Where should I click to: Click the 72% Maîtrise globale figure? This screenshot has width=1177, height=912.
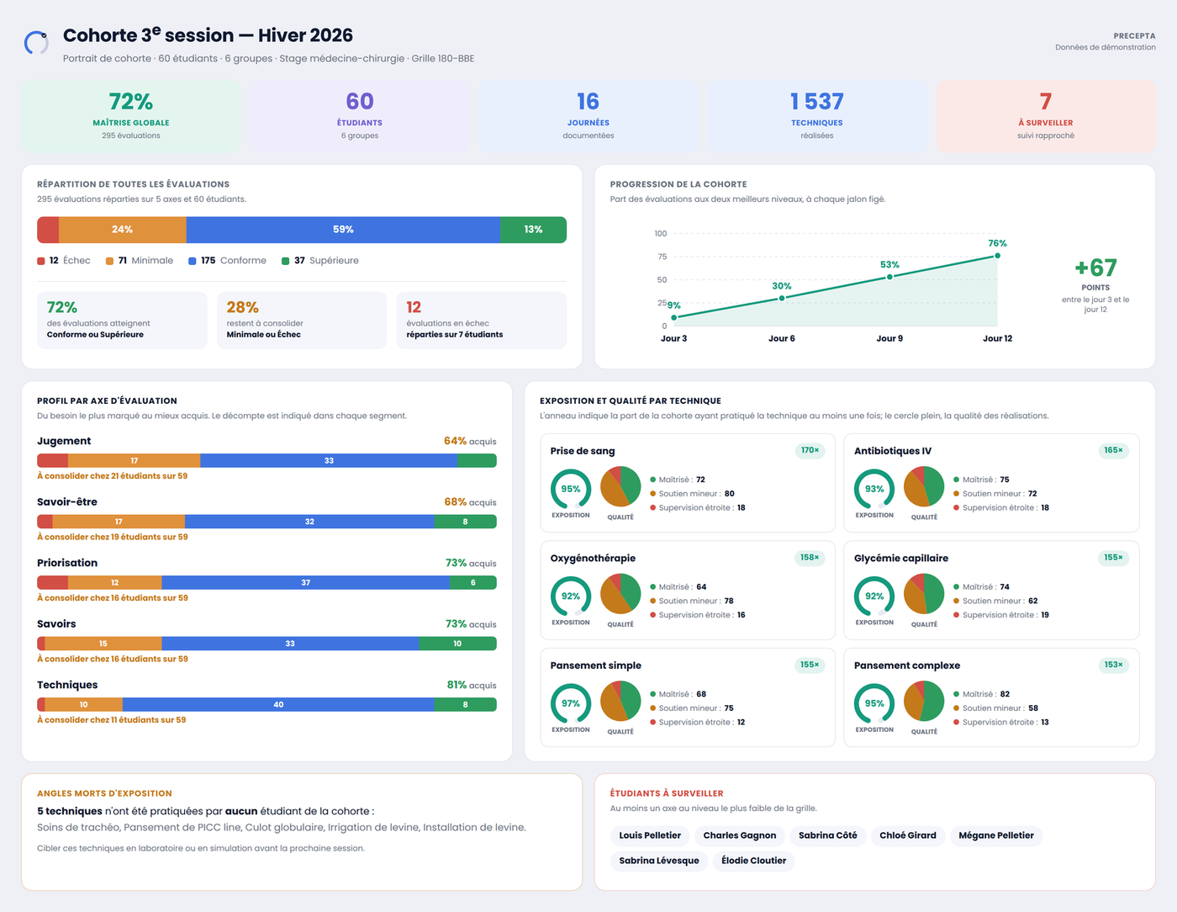[x=130, y=101]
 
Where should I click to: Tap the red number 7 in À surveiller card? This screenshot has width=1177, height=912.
[x=1045, y=101]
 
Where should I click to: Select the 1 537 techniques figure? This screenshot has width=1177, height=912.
[x=816, y=101]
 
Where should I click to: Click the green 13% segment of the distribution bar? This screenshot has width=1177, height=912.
[x=533, y=229]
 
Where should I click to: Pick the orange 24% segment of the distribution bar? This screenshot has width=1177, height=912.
[x=123, y=229]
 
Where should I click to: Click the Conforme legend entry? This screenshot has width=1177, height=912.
[x=228, y=261]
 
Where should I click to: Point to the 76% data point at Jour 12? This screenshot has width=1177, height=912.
[x=997, y=256]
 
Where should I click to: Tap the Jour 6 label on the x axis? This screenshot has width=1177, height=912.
[x=782, y=338]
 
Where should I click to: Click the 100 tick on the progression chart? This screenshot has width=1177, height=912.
[x=660, y=234]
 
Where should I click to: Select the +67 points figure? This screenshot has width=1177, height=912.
[x=1095, y=268]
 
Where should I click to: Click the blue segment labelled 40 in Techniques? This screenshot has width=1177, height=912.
[x=278, y=704]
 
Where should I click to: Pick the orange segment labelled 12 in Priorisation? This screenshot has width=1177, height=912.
[x=115, y=582]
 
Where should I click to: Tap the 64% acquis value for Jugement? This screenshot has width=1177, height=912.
[x=470, y=441]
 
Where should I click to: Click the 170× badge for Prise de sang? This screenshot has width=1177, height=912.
[x=810, y=450]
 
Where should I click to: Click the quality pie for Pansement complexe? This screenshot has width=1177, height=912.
[x=924, y=701]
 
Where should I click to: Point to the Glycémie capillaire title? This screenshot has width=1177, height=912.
[x=900, y=558]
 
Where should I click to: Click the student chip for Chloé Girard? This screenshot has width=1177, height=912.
[x=907, y=835]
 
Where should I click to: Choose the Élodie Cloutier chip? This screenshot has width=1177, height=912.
[x=753, y=861]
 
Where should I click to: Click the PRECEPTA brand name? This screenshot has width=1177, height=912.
[x=1134, y=36]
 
